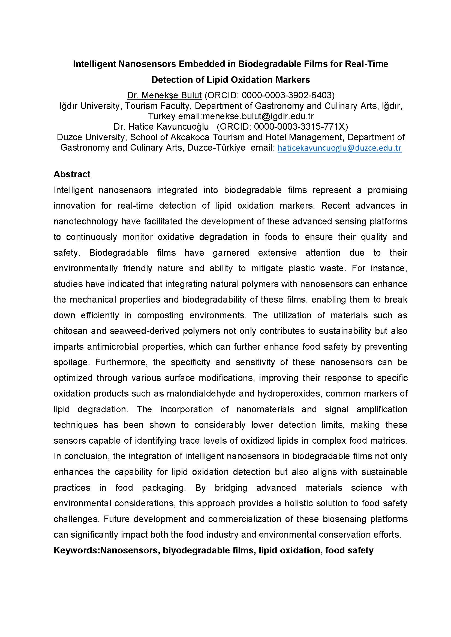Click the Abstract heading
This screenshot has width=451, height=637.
[72, 174]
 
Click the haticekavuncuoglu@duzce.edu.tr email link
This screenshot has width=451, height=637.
[339, 148]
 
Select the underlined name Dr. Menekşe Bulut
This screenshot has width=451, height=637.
[164, 95]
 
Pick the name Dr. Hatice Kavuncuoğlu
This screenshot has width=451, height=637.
[161, 127]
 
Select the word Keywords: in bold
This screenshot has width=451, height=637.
[77, 550]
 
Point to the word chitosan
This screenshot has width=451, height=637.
[70, 331]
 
